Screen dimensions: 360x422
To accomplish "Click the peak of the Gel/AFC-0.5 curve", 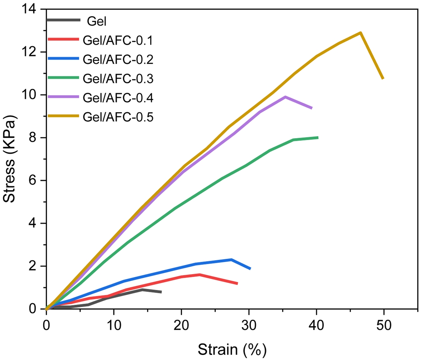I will pos(360,33).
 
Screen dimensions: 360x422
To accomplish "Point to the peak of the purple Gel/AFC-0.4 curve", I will pos(285,97).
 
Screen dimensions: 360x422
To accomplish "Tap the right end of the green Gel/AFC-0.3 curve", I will pos(317,137).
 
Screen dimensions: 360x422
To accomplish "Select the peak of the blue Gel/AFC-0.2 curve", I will pos(231,259).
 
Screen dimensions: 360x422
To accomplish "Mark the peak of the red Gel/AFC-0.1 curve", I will pos(200,275).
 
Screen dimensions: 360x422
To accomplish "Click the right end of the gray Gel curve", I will pos(161,292).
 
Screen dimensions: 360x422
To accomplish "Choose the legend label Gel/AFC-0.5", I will pos(118,117).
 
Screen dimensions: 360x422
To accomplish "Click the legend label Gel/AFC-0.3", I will pos(118,79).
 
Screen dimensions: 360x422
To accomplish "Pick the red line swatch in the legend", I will pos(63,39).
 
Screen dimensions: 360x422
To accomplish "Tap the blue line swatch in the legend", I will pos(63,59).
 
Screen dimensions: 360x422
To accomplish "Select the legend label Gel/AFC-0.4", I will pos(118,98).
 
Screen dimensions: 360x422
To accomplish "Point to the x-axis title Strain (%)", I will pos(232,350).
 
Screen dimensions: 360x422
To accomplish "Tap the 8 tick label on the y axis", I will pos(32,138).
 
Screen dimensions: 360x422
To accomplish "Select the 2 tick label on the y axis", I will pos(32,266).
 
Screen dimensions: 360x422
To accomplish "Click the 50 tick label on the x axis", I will pos(384,325).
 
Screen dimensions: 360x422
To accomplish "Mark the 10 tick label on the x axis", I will pos(114,325).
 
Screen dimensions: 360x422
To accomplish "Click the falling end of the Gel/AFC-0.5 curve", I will pos(383,78).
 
